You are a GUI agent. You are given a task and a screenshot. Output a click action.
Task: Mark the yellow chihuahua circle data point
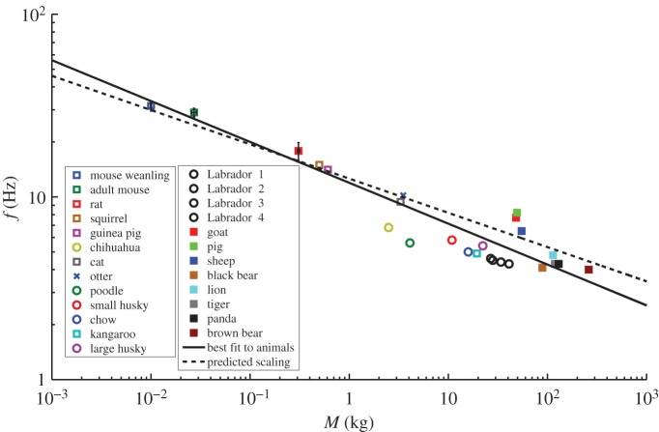[x=388, y=227]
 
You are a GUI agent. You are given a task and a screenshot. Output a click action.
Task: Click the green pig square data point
[x=517, y=213]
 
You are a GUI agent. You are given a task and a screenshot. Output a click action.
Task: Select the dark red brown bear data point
[x=588, y=270]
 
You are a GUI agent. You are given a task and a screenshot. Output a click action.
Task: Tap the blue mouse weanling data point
[x=151, y=106]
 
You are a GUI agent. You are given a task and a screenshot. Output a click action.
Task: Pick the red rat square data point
[x=299, y=151]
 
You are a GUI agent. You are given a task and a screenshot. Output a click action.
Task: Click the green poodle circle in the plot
[x=410, y=243]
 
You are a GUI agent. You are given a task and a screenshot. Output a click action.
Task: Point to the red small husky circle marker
[x=451, y=240]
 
